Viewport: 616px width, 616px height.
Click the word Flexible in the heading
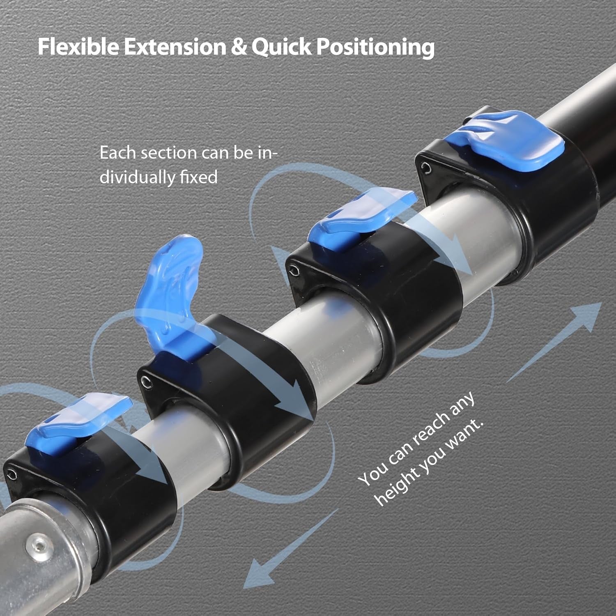(x=79, y=47)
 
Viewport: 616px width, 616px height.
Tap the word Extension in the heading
(x=175, y=47)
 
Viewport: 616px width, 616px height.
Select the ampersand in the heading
(x=239, y=47)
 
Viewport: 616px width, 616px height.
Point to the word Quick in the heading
(x=281, y=47)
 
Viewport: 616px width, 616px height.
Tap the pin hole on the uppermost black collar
(x=426, y=168)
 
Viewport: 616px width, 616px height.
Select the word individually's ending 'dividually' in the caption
(x=159, y=177)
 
